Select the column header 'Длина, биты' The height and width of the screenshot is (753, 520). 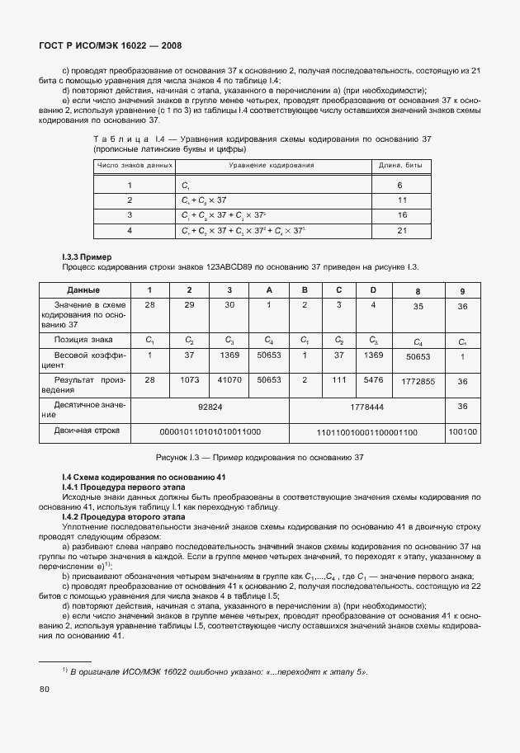(399, 166)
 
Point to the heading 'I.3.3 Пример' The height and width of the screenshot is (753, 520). (87, 257)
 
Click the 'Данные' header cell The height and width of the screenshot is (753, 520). (83, 289)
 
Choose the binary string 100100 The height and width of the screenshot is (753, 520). (462, 431)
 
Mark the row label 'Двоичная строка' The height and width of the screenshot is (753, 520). (87, 431)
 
